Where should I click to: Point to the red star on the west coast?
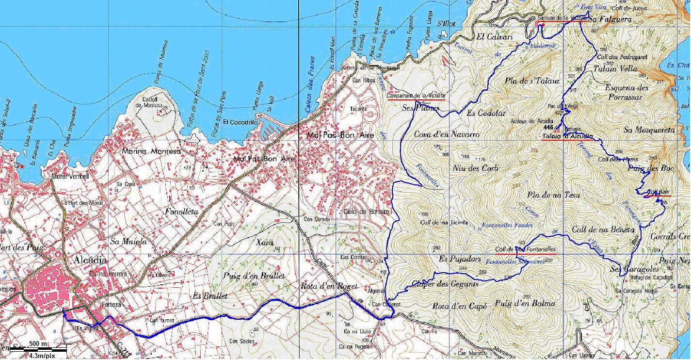pos(21,166)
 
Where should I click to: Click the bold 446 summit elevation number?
pos(548,127)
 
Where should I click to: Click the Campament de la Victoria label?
pos(416,96)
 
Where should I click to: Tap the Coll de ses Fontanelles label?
pos(525,249)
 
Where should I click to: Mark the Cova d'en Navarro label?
pos(447,134)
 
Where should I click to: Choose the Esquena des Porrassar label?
pos(627,92)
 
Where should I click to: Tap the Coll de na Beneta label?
pos(603,229)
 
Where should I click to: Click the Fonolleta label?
pos(182,212)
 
